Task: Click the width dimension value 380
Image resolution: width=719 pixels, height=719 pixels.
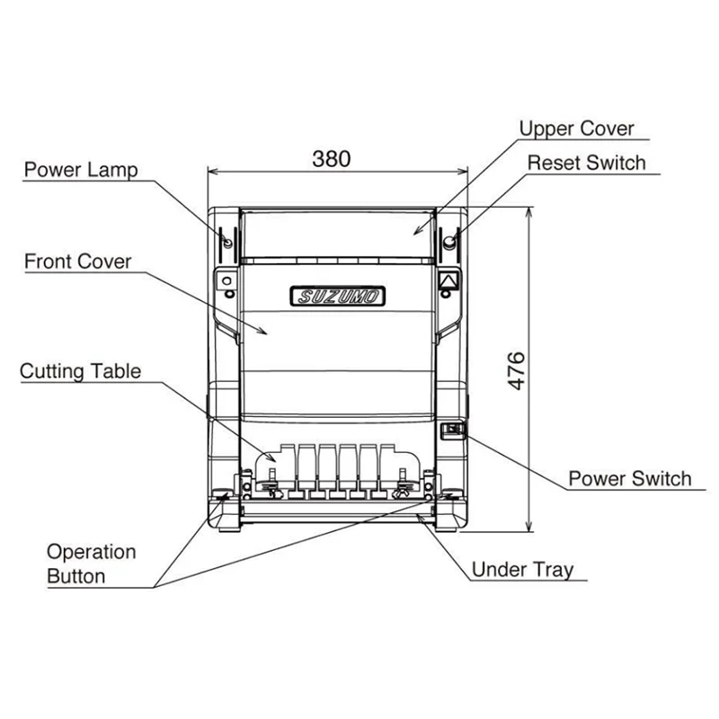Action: tap(332, 159)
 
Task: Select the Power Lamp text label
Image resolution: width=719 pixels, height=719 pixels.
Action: tap(81, 170)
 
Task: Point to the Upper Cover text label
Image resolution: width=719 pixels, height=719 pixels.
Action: tap(577, 129)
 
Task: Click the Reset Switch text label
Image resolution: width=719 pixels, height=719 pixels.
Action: tap(586, 163)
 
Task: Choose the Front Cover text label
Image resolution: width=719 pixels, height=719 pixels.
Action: tap(77, 262)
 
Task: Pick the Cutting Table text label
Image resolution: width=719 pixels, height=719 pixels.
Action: tap(81, 371)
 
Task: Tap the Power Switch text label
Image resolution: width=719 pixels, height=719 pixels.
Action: tap(630, 478)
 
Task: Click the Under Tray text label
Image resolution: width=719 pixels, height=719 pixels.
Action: tap(522, 570)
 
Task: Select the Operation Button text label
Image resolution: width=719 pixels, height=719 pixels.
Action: tap(91, 564)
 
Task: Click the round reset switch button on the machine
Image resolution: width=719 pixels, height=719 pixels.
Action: tap(449, 243)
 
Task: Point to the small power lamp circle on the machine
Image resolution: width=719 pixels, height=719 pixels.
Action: tap(227, 243)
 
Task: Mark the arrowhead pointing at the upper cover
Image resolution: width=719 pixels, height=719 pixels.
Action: tap(415, 232)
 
